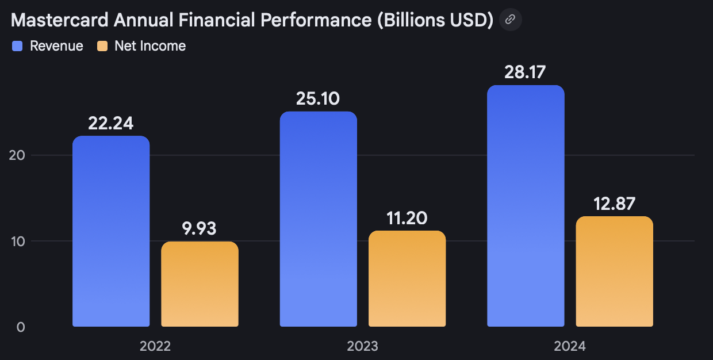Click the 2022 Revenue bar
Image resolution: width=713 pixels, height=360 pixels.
coord(111,231)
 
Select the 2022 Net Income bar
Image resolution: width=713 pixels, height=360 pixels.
coord(200,284)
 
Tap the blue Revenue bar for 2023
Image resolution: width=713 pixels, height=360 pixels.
coord(318,219)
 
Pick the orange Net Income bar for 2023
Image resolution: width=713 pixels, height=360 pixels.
coord(407,279)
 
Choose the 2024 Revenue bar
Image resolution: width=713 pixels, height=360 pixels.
coord(526,206)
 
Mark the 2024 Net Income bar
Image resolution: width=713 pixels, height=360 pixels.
coord(614,271)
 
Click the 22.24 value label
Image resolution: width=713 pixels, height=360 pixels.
coord(111,123)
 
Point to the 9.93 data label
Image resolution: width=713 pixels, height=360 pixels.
coord(200,228)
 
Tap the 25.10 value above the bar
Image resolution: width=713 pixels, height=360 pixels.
coord(318,98)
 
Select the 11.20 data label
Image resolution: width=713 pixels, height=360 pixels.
coord(407,218)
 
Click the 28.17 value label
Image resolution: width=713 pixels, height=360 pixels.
coord(526,72)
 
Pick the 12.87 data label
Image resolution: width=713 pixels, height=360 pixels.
coord(614,204)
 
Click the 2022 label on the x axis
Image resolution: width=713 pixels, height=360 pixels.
coord(155,346)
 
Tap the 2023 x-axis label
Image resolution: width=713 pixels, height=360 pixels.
coord(362,346)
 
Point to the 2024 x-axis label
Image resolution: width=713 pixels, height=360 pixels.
coord(569,346)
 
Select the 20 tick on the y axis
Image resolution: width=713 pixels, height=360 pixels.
coord(18,155)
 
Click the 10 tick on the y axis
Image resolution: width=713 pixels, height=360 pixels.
coord(18,241)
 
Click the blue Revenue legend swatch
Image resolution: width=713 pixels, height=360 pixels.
coord(17,47)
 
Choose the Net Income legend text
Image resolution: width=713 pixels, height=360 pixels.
coord(150,46)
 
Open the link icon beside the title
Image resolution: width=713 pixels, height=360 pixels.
coord(510,20)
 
